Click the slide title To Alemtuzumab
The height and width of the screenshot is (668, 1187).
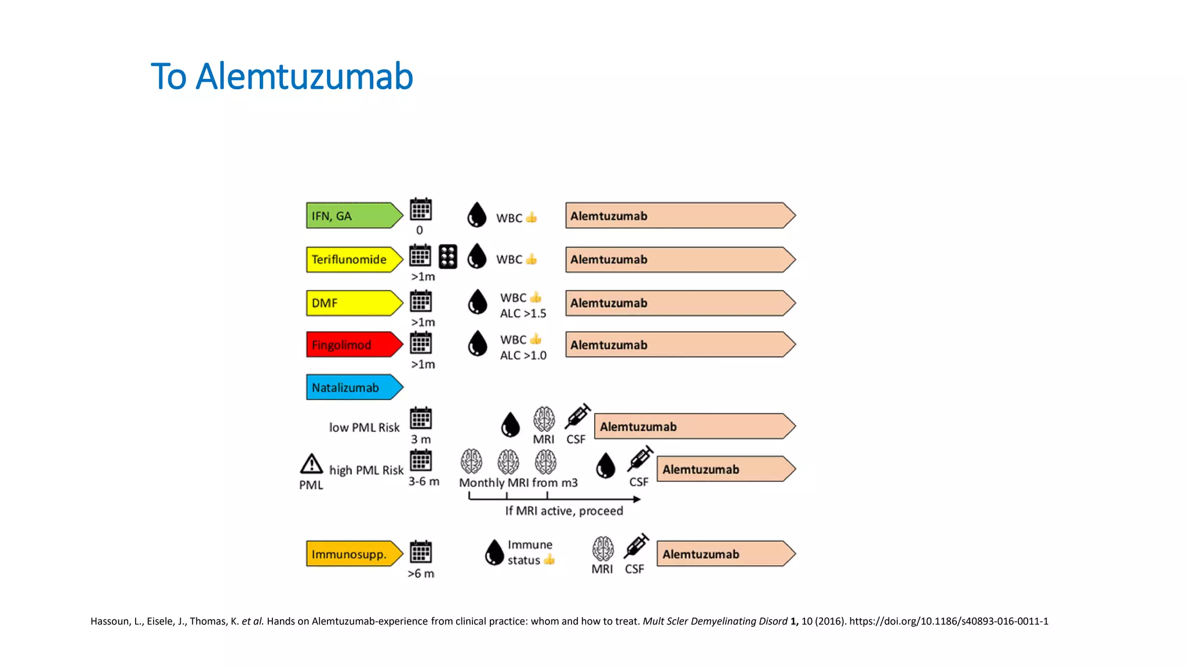[282, 77]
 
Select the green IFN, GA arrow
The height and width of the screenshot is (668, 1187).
[354, 216]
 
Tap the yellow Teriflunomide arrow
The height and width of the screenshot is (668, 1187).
[354, 259]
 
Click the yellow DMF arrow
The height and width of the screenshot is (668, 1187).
[354, 303]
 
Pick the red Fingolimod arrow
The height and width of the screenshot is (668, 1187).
[354, 345]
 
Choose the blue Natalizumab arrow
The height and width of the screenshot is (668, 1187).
[354, 387]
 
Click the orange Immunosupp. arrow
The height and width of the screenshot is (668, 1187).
[354, 554]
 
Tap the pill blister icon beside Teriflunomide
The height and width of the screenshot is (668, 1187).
[447, 257]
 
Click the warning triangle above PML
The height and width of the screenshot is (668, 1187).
[311, 464]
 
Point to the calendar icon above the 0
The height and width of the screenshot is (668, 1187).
[421, 209]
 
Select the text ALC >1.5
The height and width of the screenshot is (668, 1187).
[523, 314]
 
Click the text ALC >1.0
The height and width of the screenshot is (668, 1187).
[523, 355]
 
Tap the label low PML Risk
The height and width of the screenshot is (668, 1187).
[364, 428]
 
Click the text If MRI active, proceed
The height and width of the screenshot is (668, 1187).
[563, 511]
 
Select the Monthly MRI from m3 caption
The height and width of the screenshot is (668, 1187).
[518, 483]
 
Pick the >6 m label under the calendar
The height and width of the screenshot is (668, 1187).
[421, 573]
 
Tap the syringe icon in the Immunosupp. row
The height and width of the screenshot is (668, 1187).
[636, 546]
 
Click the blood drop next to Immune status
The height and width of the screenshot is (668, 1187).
[494, 552]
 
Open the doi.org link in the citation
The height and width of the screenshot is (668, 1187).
[948, 622]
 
